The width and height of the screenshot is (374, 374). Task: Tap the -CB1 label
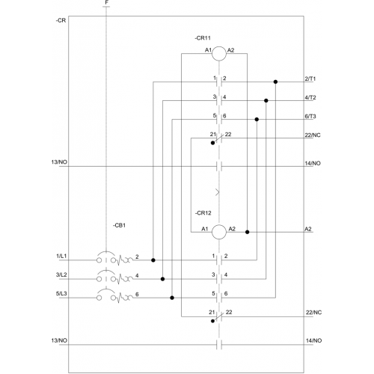pos(119,225)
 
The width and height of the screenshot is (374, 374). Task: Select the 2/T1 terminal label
pos(310,79)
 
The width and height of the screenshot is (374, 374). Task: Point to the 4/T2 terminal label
pos(310,97)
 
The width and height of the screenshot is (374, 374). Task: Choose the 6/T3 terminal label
pos(310,116)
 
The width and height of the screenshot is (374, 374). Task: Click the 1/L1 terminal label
pos(61,256)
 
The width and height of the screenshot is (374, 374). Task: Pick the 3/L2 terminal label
pos(61,275)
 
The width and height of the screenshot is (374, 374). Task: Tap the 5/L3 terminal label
pos(61,293)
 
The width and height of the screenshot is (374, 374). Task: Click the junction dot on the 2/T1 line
pos(275,82)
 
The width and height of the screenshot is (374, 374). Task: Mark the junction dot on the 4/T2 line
pos(266,100)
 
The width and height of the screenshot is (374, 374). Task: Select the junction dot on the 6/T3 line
pos(257,120)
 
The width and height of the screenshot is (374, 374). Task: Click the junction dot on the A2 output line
pos(248,232)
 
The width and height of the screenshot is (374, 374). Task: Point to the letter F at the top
pos(107,2)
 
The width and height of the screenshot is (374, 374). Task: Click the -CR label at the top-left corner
pos(61,20)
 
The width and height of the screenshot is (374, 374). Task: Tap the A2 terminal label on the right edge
pos(308,229)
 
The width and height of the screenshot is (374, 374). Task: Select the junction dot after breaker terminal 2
pos(153,260)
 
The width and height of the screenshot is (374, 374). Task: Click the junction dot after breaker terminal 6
pos(172,298)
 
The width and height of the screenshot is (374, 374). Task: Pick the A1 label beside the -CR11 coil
pos(208,50)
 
